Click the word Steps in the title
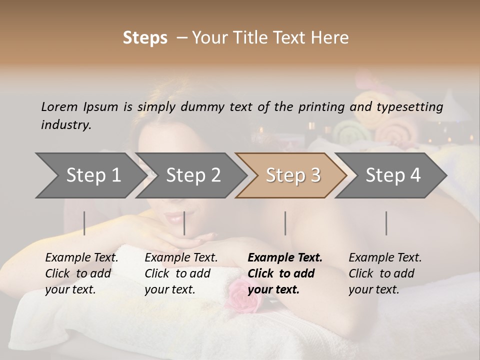click(x=145, y=38)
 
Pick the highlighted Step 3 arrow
click(x=292, y=175)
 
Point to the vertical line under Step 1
click(x=84, y=223)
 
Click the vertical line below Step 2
click(x=184, y=223)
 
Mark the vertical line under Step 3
click(x=285, y=223)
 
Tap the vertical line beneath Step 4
click(x=386, y=223)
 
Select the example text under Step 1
click(x=81, y=273)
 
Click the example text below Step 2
click(x=181, y=273)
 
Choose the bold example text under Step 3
click(x=285, y=273)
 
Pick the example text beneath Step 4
click(x=385, y=273)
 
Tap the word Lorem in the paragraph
click(x=59, y=106)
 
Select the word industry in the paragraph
click(x=66, y=125)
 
